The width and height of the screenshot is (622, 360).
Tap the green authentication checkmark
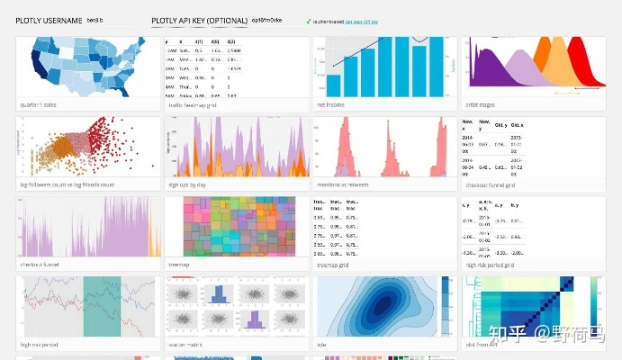coord(309,20)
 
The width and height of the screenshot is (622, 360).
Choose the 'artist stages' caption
coord(483,104)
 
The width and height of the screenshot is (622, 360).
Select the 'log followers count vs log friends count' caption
coord(67,184)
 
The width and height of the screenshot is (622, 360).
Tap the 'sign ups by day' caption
coord(190,184)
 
